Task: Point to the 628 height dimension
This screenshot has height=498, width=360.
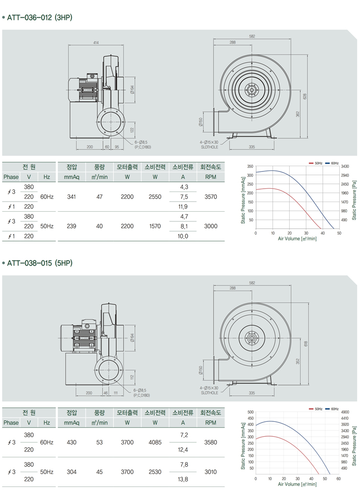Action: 305,96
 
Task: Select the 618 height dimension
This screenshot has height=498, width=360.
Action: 305,343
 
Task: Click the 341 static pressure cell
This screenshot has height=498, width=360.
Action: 71,197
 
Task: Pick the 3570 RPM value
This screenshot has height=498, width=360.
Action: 211,197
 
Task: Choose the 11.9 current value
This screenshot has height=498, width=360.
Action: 183,207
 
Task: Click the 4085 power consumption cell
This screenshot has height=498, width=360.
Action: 155,442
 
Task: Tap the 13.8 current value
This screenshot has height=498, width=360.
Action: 183,479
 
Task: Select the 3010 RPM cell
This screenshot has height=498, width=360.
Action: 211,472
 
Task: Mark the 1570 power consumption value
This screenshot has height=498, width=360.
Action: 155,226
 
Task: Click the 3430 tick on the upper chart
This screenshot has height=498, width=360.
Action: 345,166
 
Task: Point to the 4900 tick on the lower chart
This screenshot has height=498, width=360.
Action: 345,412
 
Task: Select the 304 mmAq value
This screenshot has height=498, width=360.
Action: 71,472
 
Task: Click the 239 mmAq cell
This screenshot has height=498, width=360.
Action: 71,226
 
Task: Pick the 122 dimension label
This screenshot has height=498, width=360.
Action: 132,130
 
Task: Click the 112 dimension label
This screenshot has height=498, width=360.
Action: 132,376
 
